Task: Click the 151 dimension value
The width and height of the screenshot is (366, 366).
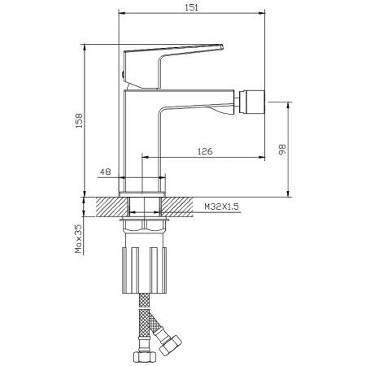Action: tap(191, 7)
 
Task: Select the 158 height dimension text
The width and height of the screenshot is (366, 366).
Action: tap(79, 120)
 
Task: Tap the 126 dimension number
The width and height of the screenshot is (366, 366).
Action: tap(205, 151)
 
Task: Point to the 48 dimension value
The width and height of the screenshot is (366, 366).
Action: tap(106, 172)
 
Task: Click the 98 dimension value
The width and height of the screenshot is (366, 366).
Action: tap(282, 149)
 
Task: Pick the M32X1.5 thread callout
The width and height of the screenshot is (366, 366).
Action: tap(221, 207)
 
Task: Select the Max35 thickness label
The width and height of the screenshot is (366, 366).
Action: tap(78, 239)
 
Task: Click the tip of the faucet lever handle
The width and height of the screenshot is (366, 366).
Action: tap(223, 46)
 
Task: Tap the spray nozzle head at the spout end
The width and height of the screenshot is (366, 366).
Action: tap(251, 102)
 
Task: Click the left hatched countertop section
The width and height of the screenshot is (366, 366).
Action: tap(112, 207)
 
